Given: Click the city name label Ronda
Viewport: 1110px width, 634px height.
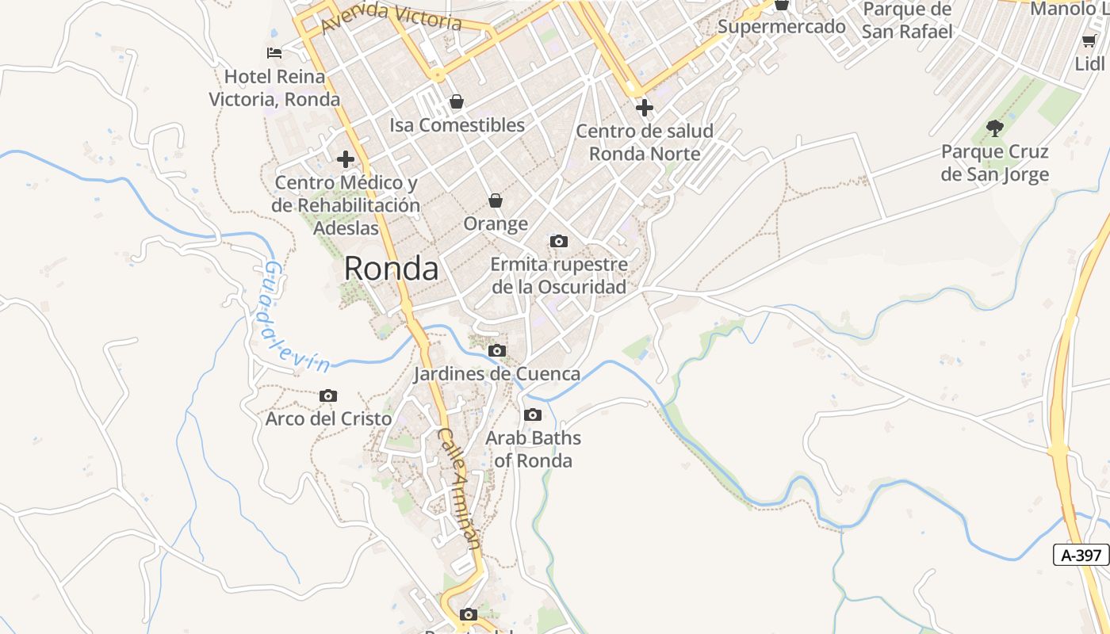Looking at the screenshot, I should coord(391,269).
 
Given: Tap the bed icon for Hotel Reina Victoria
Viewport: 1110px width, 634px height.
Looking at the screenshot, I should coord(274,53).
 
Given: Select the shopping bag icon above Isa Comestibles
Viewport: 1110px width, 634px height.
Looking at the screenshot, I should coord(457,101).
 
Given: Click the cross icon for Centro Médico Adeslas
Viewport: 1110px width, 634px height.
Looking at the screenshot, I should coord(346,159).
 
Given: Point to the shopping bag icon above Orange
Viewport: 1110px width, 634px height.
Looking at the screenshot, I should coord(496,201).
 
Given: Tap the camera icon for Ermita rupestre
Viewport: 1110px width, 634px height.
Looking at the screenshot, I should coord(559,241).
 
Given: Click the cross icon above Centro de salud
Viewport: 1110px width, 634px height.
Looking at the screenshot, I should coord(645,107).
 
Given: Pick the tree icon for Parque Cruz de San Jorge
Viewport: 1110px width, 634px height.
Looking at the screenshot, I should coord(994,128).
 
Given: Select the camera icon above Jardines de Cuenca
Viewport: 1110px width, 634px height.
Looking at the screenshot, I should coord(497,350).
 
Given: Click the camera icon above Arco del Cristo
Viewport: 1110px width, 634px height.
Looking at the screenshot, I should coord(328,395).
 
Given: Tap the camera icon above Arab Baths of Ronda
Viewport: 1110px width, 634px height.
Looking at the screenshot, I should coord(533,414).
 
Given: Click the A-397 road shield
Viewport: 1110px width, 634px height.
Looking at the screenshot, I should coord(1081,555).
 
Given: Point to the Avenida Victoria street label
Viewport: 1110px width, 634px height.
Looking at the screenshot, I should coord(392,17).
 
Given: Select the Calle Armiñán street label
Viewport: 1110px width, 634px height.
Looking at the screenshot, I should coord(459,488).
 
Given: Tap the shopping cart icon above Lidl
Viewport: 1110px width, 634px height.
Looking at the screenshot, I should coord(1089,40).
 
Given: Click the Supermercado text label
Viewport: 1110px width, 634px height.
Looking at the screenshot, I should coord(782,26).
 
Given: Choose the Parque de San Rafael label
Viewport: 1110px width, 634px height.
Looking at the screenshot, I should coord(907,21).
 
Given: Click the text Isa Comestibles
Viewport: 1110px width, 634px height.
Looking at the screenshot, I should coord(457,125).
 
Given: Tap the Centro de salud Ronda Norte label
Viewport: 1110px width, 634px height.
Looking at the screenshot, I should coord(645,142).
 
